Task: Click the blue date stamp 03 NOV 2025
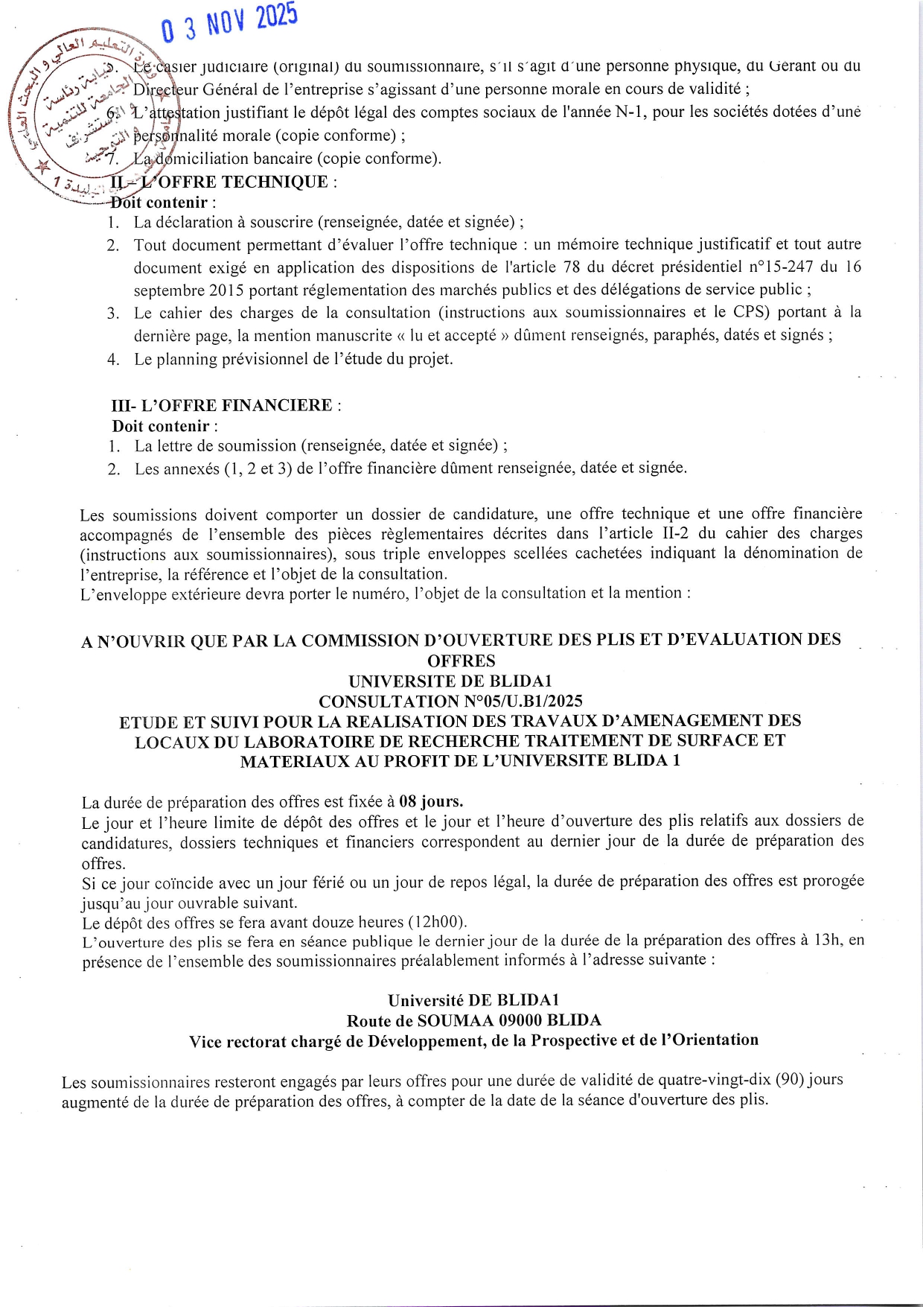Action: (229, 22)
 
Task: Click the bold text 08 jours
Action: (431, 801)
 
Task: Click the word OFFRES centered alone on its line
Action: (461, 661)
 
